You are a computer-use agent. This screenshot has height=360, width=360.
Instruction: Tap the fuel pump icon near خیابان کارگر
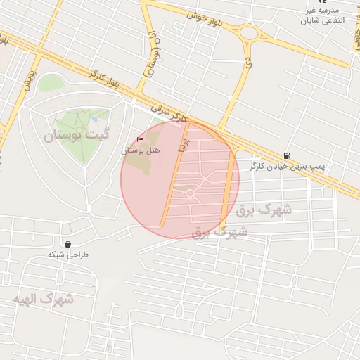(286, 155)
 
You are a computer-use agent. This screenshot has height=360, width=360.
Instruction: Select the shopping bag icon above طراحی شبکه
(67, 244)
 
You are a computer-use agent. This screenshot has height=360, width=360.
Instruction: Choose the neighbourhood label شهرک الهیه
(43, 299)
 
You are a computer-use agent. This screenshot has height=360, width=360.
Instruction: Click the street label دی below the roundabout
(248, 63)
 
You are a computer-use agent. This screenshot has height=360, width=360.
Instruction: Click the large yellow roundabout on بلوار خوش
(249, 32)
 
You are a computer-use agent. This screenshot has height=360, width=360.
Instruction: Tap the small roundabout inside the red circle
(190, 193)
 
